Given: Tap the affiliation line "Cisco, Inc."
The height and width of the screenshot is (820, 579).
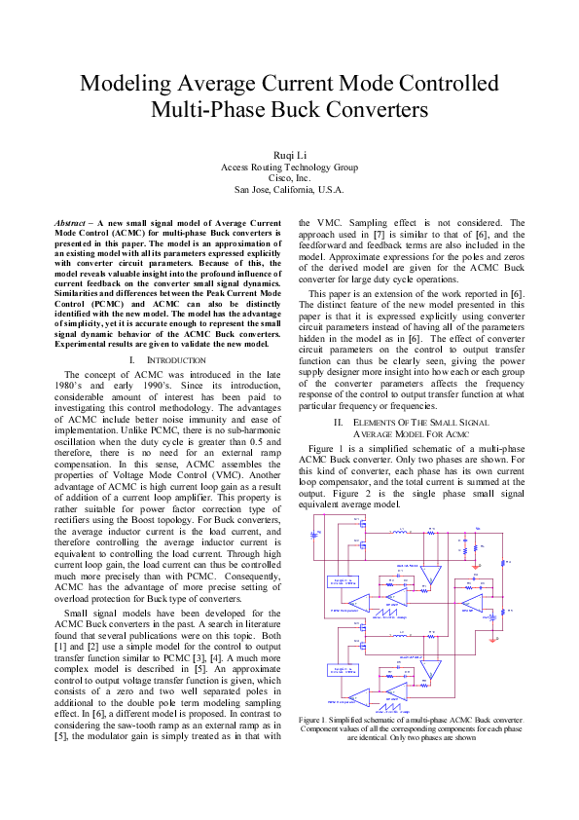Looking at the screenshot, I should tap(289, 178).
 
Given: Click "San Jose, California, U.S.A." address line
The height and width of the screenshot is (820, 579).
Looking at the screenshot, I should tap(289, 190).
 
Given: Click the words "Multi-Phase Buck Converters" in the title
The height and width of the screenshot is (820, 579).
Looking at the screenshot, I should tap(289, 108).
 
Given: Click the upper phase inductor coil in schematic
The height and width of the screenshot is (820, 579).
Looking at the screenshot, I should tap(399, 532).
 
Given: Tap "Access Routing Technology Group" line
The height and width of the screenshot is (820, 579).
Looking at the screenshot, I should tap(289, 167).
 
